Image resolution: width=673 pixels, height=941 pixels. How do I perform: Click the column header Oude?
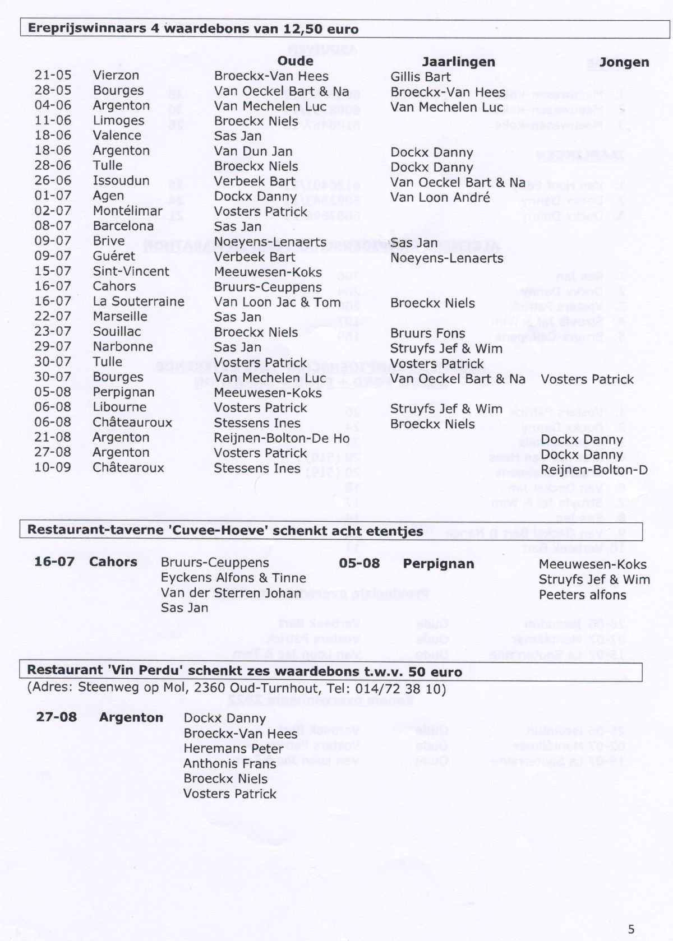click(x=295, y=61)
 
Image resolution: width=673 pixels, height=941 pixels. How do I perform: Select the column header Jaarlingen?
click(x=458, y=62)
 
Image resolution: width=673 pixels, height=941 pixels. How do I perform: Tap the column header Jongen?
click(x=624, y=62)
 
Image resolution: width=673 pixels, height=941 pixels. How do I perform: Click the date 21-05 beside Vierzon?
click(x=53, y=75)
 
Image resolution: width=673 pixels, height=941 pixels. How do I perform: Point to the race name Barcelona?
click(x=123, y=226)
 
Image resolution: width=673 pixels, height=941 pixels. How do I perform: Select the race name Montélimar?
click(x=127, y=211)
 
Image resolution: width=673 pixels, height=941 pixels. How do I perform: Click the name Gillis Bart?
click(x=420, y=77)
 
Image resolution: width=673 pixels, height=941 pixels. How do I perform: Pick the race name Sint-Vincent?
click(x=131, y=271)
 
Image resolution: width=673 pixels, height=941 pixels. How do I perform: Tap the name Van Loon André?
click(x=440, y=197)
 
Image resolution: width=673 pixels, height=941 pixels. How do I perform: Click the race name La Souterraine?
click(x=139, y=302)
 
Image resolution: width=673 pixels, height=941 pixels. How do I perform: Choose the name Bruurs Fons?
click(x=427, y=333)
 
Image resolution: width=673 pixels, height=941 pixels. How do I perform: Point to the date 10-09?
click(x=53, y=467)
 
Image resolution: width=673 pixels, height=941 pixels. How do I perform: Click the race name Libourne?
click(x=119, y=407)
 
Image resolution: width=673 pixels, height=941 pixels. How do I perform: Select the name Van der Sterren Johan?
click(x=231, y=592)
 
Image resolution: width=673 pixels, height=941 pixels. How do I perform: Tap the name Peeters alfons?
click(x=582, y=595)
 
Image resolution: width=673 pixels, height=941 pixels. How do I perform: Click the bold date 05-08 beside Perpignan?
click(x=359, y=563)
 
